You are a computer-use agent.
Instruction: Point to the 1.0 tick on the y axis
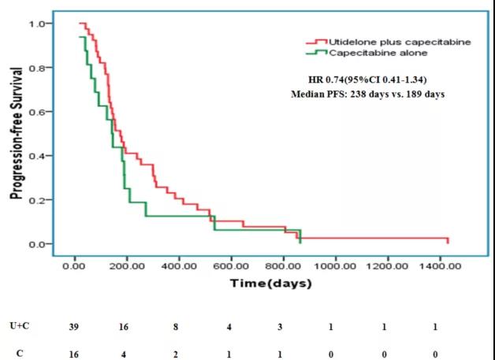(x=37, y=24)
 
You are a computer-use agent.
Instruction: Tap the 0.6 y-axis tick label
(x=37, y=112)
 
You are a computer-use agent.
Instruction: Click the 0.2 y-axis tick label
(x=37, y=200)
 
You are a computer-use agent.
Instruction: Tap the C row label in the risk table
(x=17, y=353)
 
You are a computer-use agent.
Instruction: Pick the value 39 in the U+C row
(x=74, y=326)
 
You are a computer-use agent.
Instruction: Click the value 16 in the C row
(x=74, y=353)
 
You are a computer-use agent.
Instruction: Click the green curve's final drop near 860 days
(x=300, y=236)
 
